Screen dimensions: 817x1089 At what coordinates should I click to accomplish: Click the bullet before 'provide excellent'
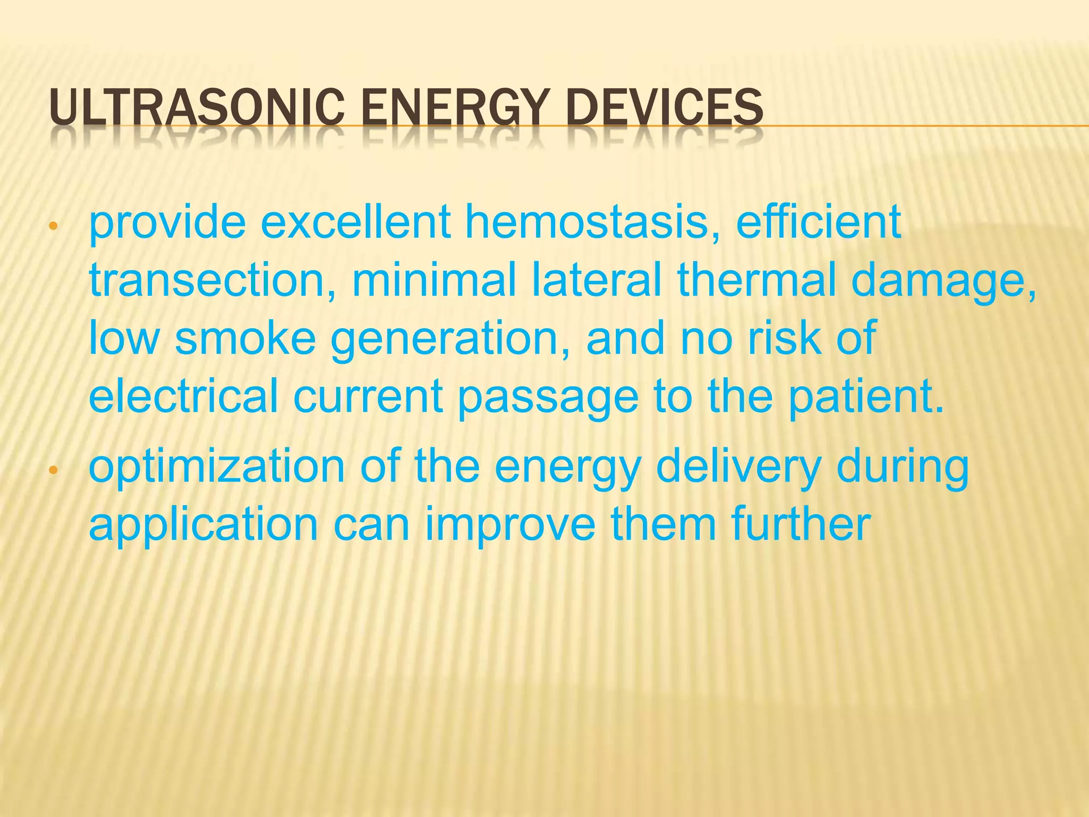point(52,226)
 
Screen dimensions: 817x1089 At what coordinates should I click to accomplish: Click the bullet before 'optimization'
point(52,470)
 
